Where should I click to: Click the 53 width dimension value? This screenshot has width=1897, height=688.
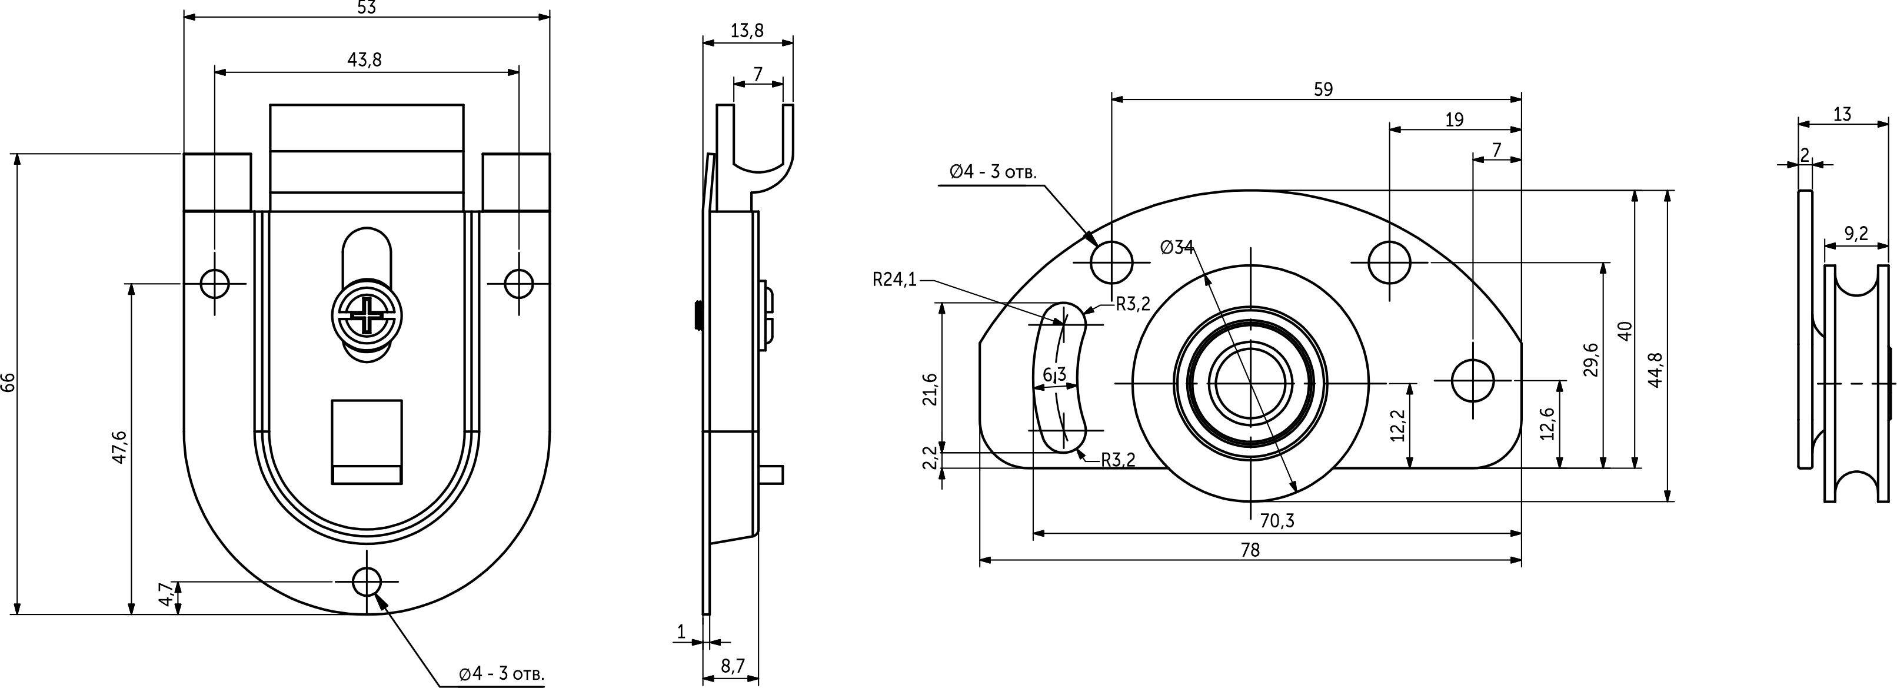point(366,8)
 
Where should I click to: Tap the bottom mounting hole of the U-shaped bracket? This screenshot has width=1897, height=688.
point(367,581)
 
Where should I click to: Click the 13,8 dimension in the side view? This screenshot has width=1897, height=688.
point(747,31)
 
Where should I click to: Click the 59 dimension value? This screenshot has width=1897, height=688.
point(1323,89)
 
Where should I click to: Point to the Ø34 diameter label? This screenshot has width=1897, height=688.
point(1177,248)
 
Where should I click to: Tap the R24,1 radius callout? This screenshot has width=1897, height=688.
point(894,279)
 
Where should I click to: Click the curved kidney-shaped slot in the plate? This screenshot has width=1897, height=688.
point(1058,375)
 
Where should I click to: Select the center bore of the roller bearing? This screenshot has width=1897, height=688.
point(1250,383)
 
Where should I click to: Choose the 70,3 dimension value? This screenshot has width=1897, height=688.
point(1276,521)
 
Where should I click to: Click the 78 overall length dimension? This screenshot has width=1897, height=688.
point(1250,550)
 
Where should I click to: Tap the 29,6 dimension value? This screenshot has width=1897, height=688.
point(1590,359)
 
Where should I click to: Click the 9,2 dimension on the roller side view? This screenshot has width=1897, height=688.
point(1856,234)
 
